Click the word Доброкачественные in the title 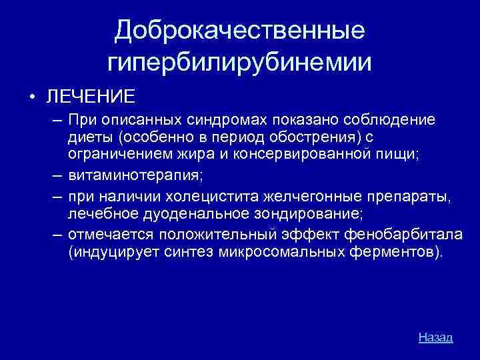tap(239, 30)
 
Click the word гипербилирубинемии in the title tap(239, 63)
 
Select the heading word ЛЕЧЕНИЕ tap(91, 95)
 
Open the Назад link tap(435, 337)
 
